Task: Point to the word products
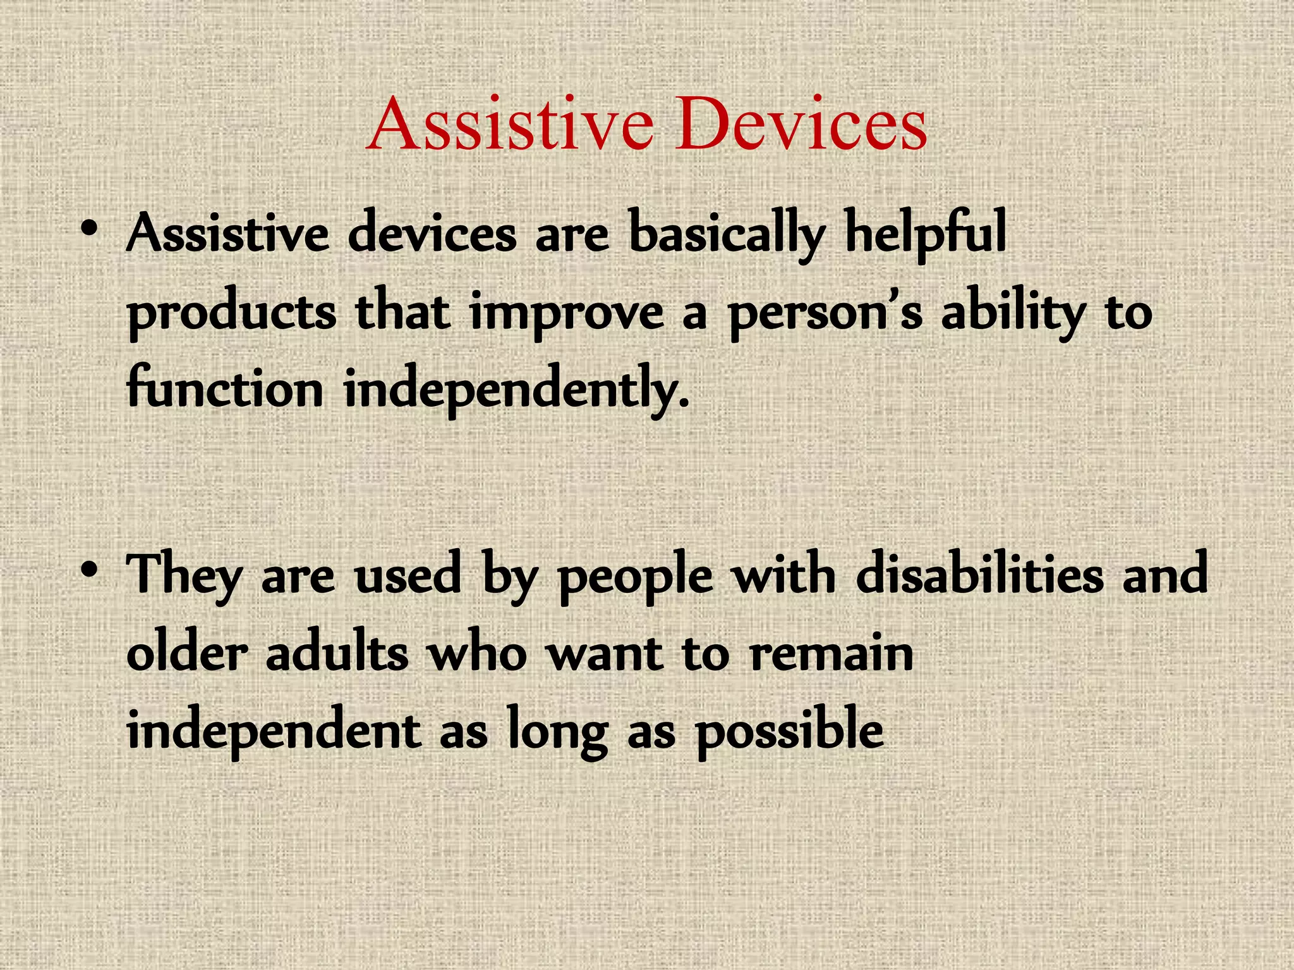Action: pyautogui.click(x=232, y=314)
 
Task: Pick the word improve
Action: pyautogui.click(x=566, y=314)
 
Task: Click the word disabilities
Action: pyautogui.click(x=979, y=575)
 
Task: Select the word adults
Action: pyautogui.click(x=337, y=653)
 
